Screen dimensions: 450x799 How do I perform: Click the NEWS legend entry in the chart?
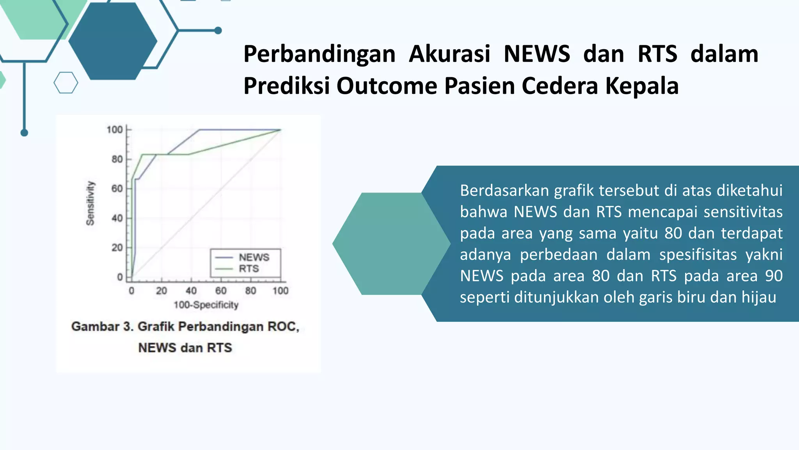pos(254,257)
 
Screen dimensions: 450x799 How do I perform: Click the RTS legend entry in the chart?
pos(249,269)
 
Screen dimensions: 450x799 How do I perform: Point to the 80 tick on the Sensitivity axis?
pos(117,159)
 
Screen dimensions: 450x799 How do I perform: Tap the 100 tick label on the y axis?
pos(114,130)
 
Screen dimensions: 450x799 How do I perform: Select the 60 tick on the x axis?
pos(221,291)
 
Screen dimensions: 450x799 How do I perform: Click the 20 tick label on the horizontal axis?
pos(161,291)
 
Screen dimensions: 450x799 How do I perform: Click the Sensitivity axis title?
pos(90,203)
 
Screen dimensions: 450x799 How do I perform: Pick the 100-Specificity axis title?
pos(206,305)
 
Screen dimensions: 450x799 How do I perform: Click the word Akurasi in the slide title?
pos(449,54)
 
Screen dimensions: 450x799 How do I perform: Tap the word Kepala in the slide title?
pos(642,86)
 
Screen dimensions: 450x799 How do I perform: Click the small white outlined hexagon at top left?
pos(66,83)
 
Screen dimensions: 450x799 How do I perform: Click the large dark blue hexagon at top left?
pos(113,41)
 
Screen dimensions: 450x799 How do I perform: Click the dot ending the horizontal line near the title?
pos(218,30)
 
